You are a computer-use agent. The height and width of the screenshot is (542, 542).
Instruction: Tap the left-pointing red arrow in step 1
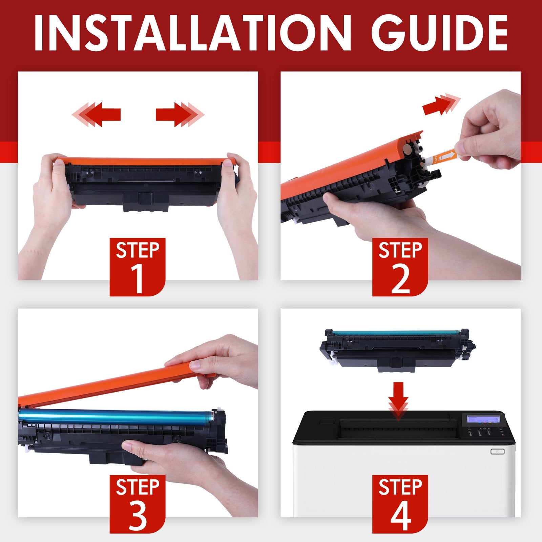pyautogui.click(x=98, y=114)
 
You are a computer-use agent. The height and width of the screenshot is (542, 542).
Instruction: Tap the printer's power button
pyautogui.click(x=497, y=452)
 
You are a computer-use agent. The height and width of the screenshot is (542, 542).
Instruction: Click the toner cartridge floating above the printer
pyautogui.click(x=396, y=349)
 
